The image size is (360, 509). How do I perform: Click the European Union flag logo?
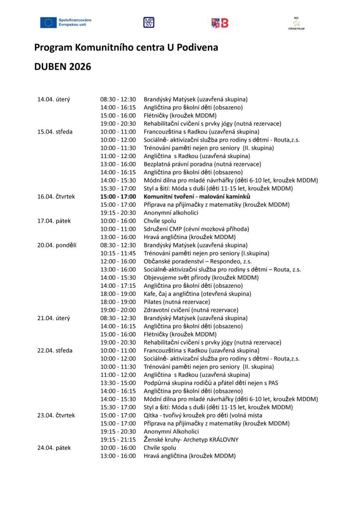tap(48, 22)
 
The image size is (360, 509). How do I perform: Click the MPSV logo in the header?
tap(148, 22)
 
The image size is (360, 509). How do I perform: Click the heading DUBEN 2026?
tap(62, 67)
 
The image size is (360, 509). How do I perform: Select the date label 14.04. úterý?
tap(54, 99)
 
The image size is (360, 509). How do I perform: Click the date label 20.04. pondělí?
tap(57, 245)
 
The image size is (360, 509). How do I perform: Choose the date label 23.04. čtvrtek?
tap(56, 415)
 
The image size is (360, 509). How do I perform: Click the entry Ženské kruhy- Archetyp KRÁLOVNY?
tap(191, 439)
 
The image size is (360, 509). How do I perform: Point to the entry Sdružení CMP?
tap(196, 229)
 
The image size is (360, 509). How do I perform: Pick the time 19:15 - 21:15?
tap(118, 439)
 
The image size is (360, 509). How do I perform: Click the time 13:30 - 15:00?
tap(118, 383)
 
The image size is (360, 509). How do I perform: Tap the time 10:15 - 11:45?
tap(118, 253)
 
